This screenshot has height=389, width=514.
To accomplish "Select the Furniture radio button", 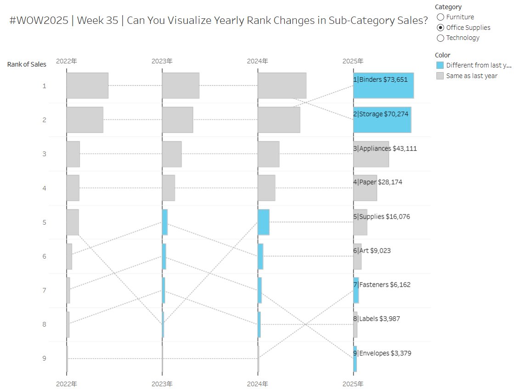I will pyautogui.click(x=441, y=17).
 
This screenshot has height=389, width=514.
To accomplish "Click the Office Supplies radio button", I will pyautogui.click(x=441, y=28).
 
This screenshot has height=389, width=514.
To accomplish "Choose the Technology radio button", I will pyautogui.click(x=441, y=38).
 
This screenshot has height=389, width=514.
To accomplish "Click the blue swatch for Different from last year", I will pyautogui.click(x=440, y=65).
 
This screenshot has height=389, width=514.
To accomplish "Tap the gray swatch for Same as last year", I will pyautogui.click(x=440, y=76).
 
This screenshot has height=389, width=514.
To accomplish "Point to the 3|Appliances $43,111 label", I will pyautogui.click(x=385, y=149).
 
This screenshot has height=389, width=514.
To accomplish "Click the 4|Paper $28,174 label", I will pyautogui.click(x=378, y=182).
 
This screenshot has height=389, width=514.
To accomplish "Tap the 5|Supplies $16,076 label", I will pyautogui.click(x=381, y=217).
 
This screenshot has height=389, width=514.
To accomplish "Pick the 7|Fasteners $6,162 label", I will pyautogui.click(x=382, y=285).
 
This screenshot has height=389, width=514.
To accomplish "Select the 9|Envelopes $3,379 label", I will pyautogui.click(x=382, y=353).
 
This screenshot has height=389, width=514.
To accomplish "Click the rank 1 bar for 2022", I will pyautogui.click(x=87, y=85).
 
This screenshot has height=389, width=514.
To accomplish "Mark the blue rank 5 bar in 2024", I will pyautogui.click(x=263, y=222).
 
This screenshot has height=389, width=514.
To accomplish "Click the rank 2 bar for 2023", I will pyautogui.click(x=177, y=120).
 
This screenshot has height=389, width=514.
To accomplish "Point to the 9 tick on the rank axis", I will pyautogui.click(x=44, y=358).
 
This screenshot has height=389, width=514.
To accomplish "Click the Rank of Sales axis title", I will pyautogui.click(x=27, y=64).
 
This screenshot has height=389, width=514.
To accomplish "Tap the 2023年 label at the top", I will pyautogui.click(x=162, y=61).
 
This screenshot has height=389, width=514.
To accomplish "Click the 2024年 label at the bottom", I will pyautogui.click(x=258, y=383).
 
